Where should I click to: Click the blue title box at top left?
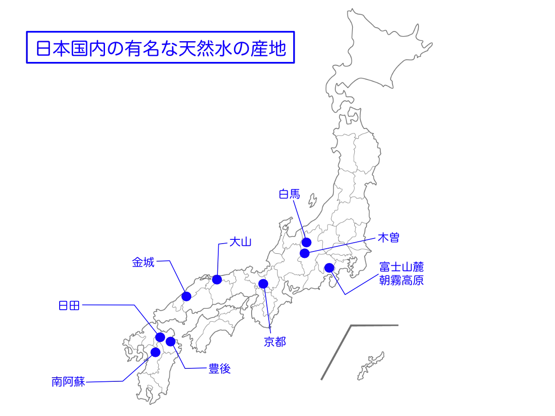[x=160, y=48]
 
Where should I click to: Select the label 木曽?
[x=388, y=238]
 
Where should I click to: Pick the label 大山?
[x=240, y=242]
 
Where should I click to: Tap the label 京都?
[x=274, y=342]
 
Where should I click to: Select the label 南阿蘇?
[x=68, y=383]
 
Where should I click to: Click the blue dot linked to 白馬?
[x=306, y=242]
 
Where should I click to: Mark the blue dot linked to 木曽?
[x=304, y=254]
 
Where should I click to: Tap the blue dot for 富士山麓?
[x=329, y=268]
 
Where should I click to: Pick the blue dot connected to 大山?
[x=216, y=280]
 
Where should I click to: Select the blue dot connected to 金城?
[x=186, y=296]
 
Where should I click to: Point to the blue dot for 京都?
[x=263, y=283]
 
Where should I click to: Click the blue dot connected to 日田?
[x=160, y=337]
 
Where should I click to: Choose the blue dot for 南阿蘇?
[x=154, y=353]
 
